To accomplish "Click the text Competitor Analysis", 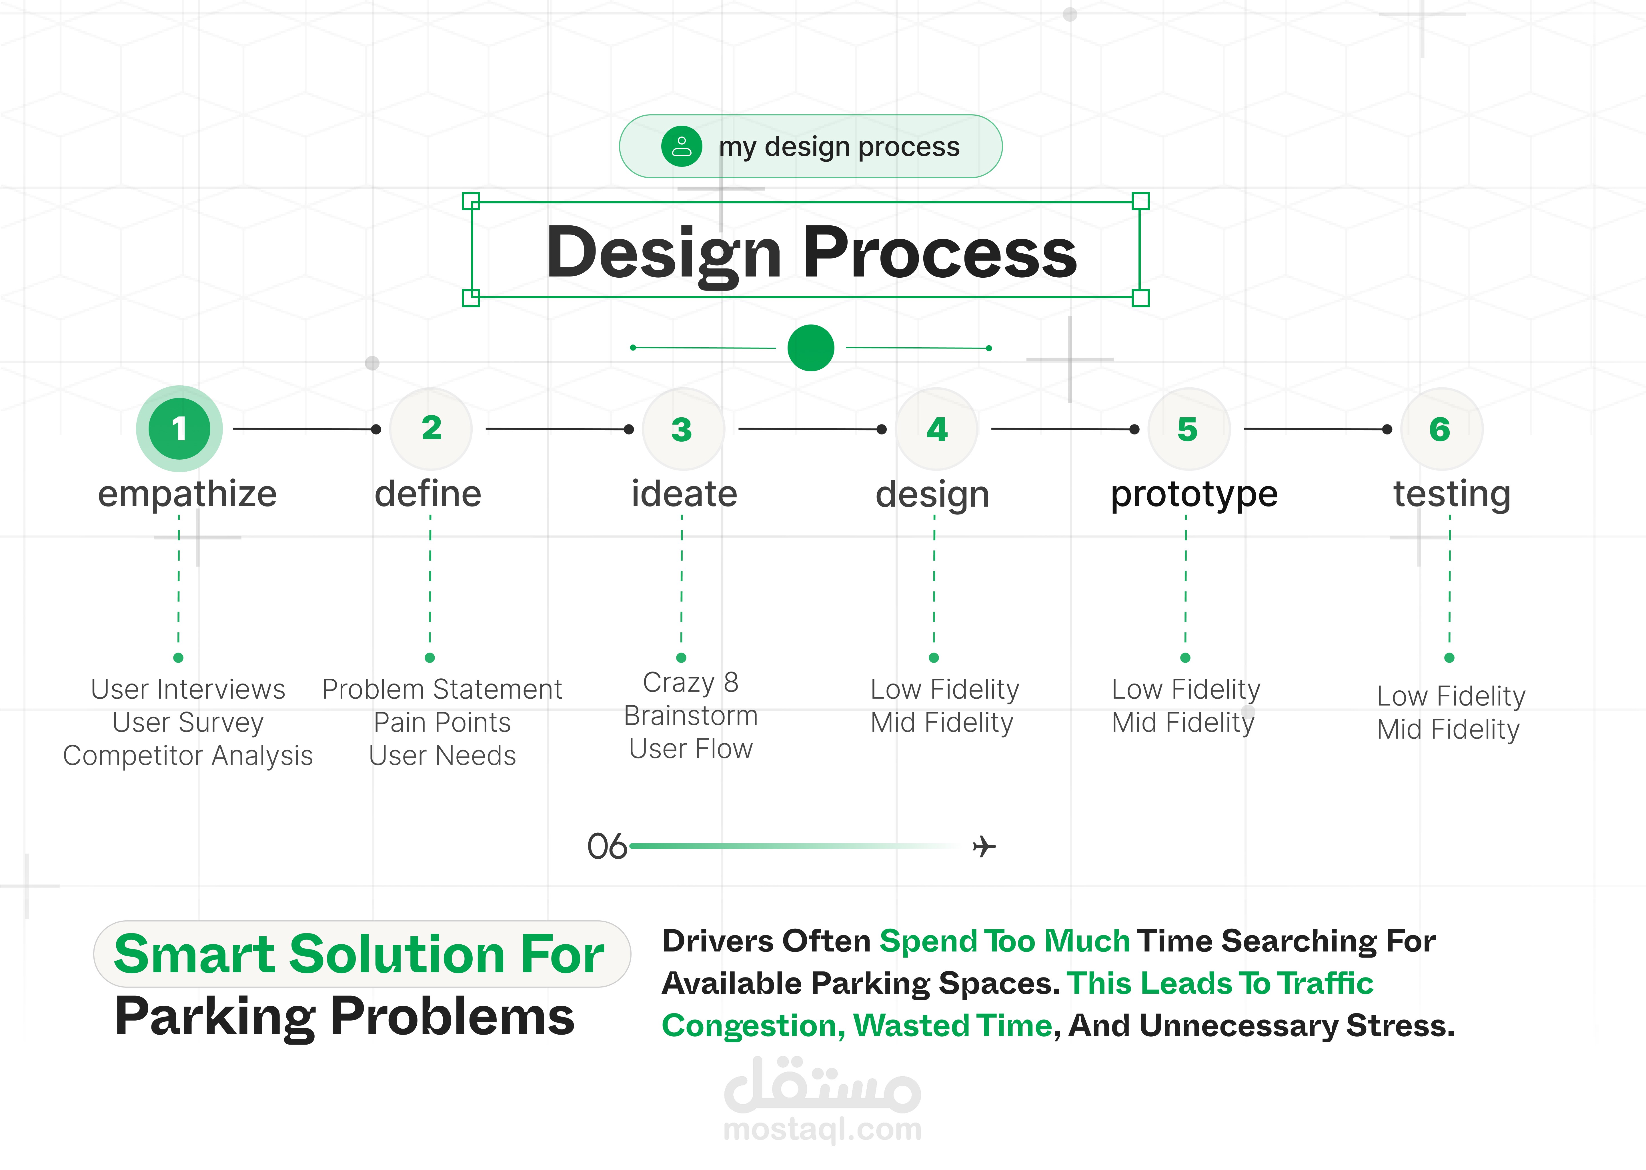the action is tap(188, 756).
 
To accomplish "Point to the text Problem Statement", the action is tap(442, 690).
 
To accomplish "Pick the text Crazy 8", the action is tap(690, 682).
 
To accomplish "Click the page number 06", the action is tap(607, 847).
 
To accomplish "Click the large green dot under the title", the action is tap(811, 348).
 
